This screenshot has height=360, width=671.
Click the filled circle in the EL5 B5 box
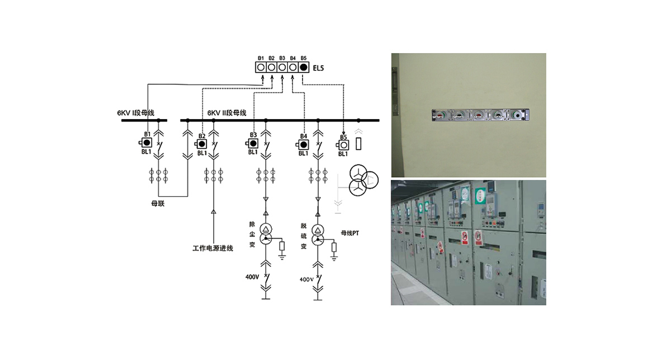click(304, 67)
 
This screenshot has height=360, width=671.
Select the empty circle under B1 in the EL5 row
click(261, 67)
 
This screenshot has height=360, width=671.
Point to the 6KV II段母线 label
click(227, 113)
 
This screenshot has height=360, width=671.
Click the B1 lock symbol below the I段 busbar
click(148, 143)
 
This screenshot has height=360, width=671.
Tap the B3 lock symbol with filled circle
click(253, 143)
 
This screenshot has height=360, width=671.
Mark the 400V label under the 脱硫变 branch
click(306, 279)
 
